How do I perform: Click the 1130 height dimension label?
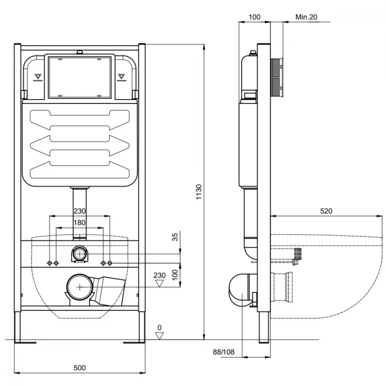pos(199,192)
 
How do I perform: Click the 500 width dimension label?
pos(80,368)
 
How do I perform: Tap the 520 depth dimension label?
pos(326,211)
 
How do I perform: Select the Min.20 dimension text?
pos(306,17)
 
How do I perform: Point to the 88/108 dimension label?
pos(223,352)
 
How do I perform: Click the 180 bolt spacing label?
pos(80,223)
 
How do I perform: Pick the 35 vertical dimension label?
pos(174,237)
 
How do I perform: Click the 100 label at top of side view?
pos(254,17)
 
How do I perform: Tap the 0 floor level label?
pos(159,327)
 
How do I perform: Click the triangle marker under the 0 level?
pos(159,336)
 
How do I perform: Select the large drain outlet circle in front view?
pos(80,287)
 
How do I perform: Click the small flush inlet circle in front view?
pos(80,254)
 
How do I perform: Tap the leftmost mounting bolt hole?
pos(49,263)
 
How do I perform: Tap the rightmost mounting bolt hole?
pos(110,263)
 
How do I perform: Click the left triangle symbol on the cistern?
pos(38,77)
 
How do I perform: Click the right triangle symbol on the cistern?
pos(121,77)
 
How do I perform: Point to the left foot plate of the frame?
pos(25,342)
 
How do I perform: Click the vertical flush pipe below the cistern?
pos(80,213)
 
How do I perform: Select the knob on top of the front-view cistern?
pos(79,52)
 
